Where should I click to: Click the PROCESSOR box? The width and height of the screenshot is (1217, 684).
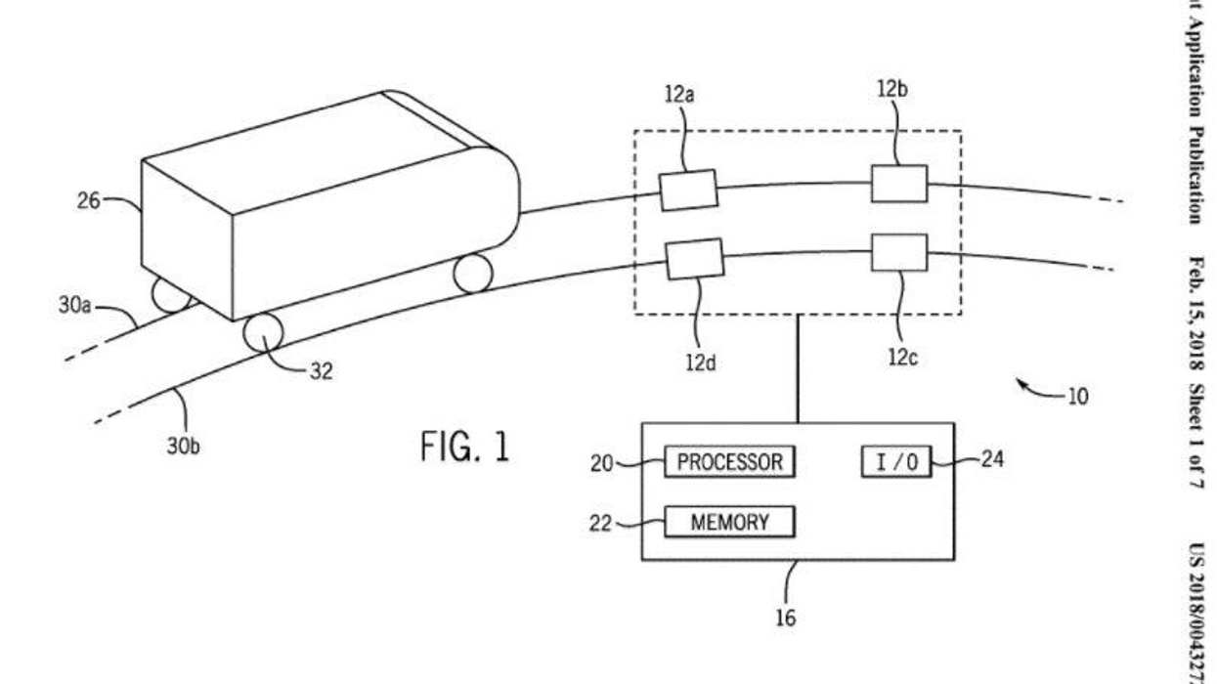729,462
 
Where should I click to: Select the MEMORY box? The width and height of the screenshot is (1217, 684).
729,522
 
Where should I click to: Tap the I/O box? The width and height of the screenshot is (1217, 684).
896,462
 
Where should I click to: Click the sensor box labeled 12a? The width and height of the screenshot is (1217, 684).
688,190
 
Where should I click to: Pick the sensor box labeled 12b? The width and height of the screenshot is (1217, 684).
898,184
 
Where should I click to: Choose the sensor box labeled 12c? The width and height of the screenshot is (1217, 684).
898,252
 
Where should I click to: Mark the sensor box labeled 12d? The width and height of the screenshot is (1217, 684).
694,259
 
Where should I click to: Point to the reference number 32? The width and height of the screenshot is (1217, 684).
321,371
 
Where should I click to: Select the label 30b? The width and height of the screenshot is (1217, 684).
182,447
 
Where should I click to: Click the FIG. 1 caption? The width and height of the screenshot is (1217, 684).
464,448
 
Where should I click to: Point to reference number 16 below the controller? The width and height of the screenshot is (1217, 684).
785,618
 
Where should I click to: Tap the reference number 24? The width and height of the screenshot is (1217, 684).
991,458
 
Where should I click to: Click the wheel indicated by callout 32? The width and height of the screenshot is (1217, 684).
263,333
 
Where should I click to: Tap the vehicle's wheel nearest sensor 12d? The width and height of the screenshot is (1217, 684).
473,273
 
